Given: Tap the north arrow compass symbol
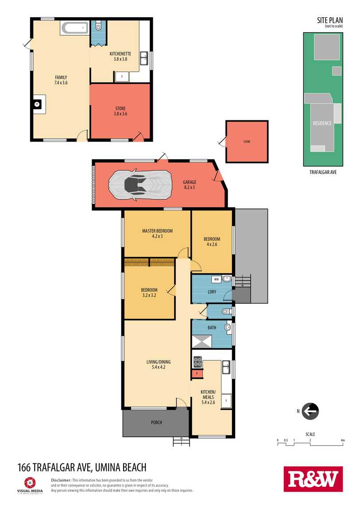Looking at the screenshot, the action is point(310,411).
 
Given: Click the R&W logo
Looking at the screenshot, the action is point(313,479).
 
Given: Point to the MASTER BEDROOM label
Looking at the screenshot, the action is point(158,231).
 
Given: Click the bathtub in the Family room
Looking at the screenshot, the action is point(75,28).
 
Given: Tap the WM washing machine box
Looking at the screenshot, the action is point(217,279).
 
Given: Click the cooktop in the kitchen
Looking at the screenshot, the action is point(197,362).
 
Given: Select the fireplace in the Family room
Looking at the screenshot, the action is point(39,104).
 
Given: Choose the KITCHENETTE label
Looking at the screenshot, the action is point(120,54).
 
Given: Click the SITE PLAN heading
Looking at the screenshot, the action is point(330,20).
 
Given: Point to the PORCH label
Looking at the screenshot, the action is point(156,422).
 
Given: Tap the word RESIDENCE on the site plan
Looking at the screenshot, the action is point(322,123).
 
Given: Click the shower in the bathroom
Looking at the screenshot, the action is point(201,342).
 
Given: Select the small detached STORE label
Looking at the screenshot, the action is point(247,142).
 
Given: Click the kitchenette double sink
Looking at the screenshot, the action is point(144,58).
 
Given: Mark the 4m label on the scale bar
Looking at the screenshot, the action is point(343,440).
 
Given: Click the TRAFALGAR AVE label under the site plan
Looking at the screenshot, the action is point(323,172).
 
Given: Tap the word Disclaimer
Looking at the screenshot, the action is point(61,480).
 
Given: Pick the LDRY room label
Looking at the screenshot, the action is point(212,292).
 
